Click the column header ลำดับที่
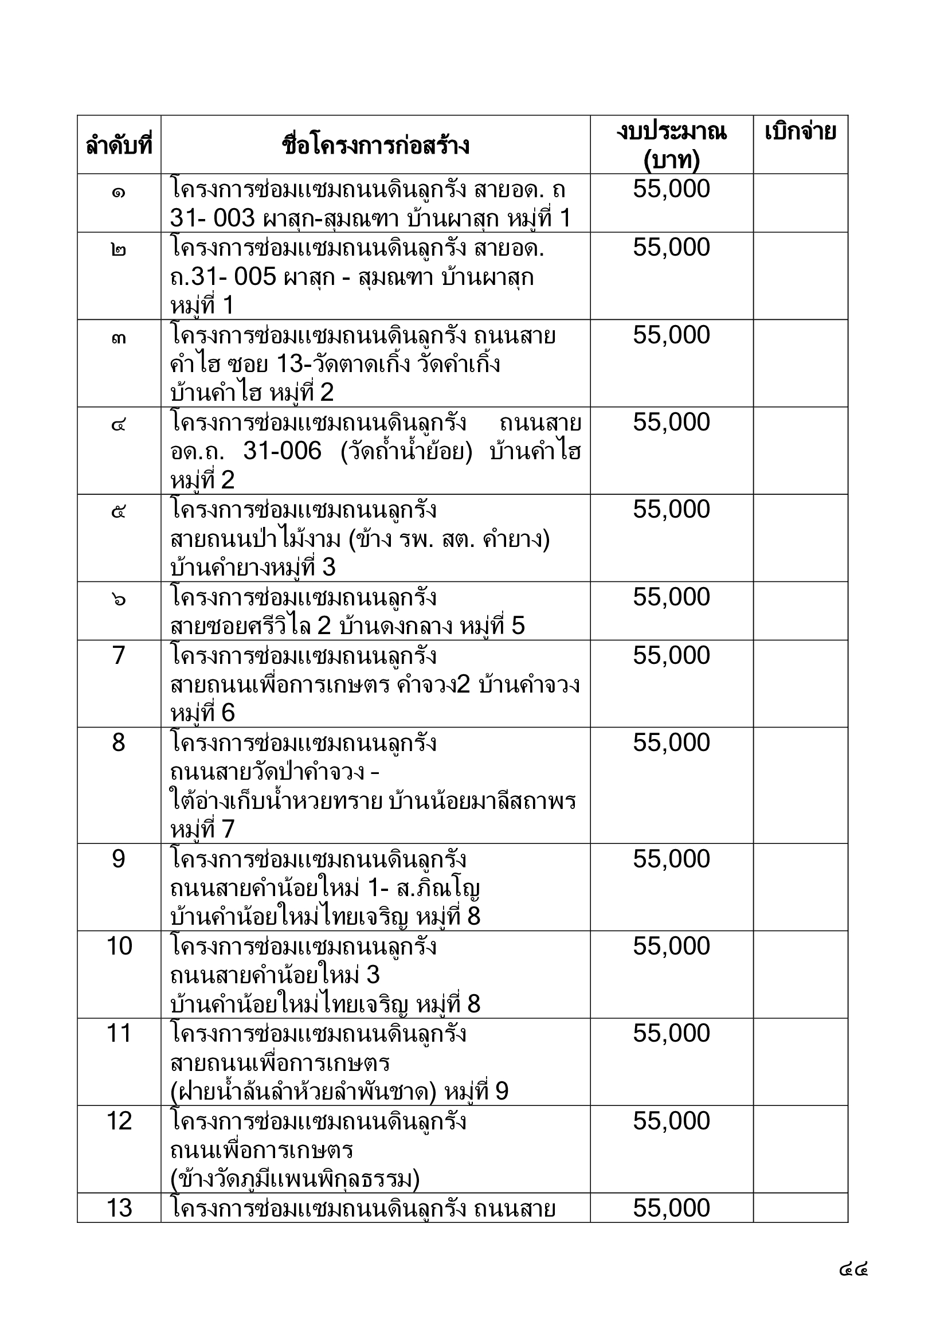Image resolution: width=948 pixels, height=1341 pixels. click(119, 144)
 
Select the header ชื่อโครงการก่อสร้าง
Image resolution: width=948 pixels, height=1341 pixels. click(375, 144)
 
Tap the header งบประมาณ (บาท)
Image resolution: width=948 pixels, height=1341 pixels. click(671, 144)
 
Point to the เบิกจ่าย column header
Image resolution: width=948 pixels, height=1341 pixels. click(800, 132)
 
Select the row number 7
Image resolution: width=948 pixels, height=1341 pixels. click(119, 655)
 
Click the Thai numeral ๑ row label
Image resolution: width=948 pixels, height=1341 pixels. click(119, 190)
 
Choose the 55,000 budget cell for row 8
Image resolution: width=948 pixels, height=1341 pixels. click(671, 743)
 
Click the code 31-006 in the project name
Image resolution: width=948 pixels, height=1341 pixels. click(282, 451)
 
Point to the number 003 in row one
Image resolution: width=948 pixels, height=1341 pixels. click(234, 218)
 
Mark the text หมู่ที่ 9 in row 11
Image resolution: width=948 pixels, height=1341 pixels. click(476, 1092)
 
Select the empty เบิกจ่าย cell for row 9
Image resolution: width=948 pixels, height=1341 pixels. click(800, 887)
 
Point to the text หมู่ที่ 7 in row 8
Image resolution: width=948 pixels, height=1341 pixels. click(202, 830)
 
